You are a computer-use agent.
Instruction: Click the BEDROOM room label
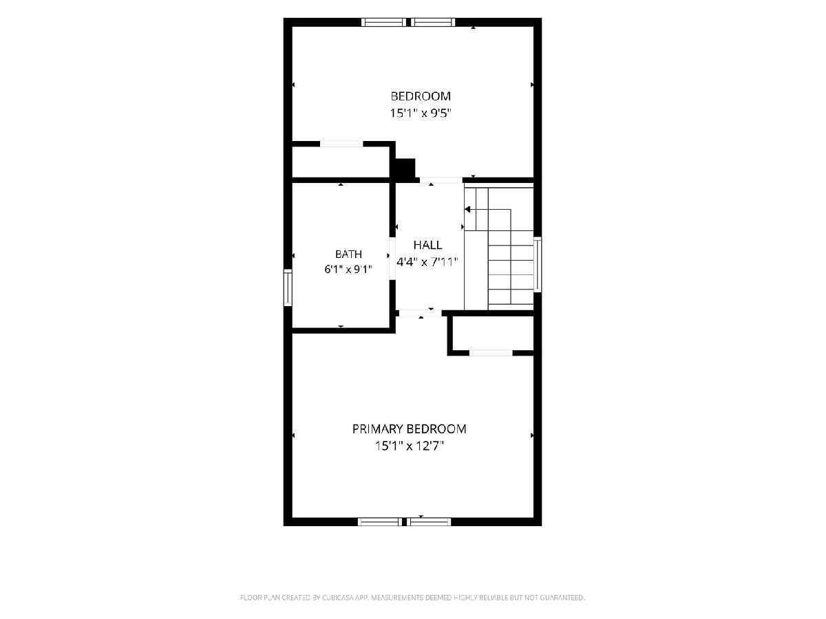421,96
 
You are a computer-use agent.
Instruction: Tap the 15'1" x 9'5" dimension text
421,113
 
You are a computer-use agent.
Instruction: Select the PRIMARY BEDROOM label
409,428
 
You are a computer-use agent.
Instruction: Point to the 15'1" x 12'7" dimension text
409,446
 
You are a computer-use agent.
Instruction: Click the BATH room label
348,254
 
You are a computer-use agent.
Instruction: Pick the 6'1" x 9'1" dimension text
348,270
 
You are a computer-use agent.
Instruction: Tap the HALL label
427,245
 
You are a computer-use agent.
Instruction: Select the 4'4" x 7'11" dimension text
427,261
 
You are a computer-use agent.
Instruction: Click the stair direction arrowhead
467,209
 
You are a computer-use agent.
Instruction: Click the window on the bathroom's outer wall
288,287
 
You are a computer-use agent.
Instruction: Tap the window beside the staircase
538,264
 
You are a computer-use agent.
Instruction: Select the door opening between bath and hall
392,259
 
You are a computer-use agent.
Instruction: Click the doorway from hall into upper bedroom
441,180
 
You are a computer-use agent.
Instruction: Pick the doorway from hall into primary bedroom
421,313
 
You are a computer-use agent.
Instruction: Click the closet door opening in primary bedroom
491,353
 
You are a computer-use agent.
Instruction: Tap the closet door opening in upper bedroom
341,144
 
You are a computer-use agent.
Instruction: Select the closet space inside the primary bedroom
493,334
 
